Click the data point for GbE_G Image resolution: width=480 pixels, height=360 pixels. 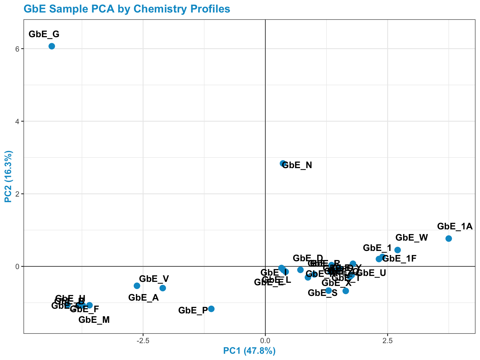coord(52,46)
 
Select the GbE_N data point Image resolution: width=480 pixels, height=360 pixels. coord(283,163)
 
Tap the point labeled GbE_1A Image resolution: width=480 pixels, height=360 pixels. coord(448,238)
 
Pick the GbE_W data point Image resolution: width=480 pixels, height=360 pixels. coord(397,250)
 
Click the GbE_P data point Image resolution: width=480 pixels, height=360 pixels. coord(211,309)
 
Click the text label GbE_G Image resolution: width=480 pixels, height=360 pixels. coord(44,34)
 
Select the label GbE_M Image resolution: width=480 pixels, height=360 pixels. coord(94,320)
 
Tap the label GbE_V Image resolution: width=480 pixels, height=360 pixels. coord(154,279)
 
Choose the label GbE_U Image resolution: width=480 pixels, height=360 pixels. coord(371,273)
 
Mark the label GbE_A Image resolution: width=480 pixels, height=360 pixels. coord(143,297)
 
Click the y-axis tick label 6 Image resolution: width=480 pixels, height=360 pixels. coord(18,49)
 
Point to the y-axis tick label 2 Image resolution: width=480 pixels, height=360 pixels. coord(18,194)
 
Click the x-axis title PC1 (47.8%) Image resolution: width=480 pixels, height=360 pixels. coord(249,351)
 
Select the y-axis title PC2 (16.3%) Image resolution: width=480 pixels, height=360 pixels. coord(8,177)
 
